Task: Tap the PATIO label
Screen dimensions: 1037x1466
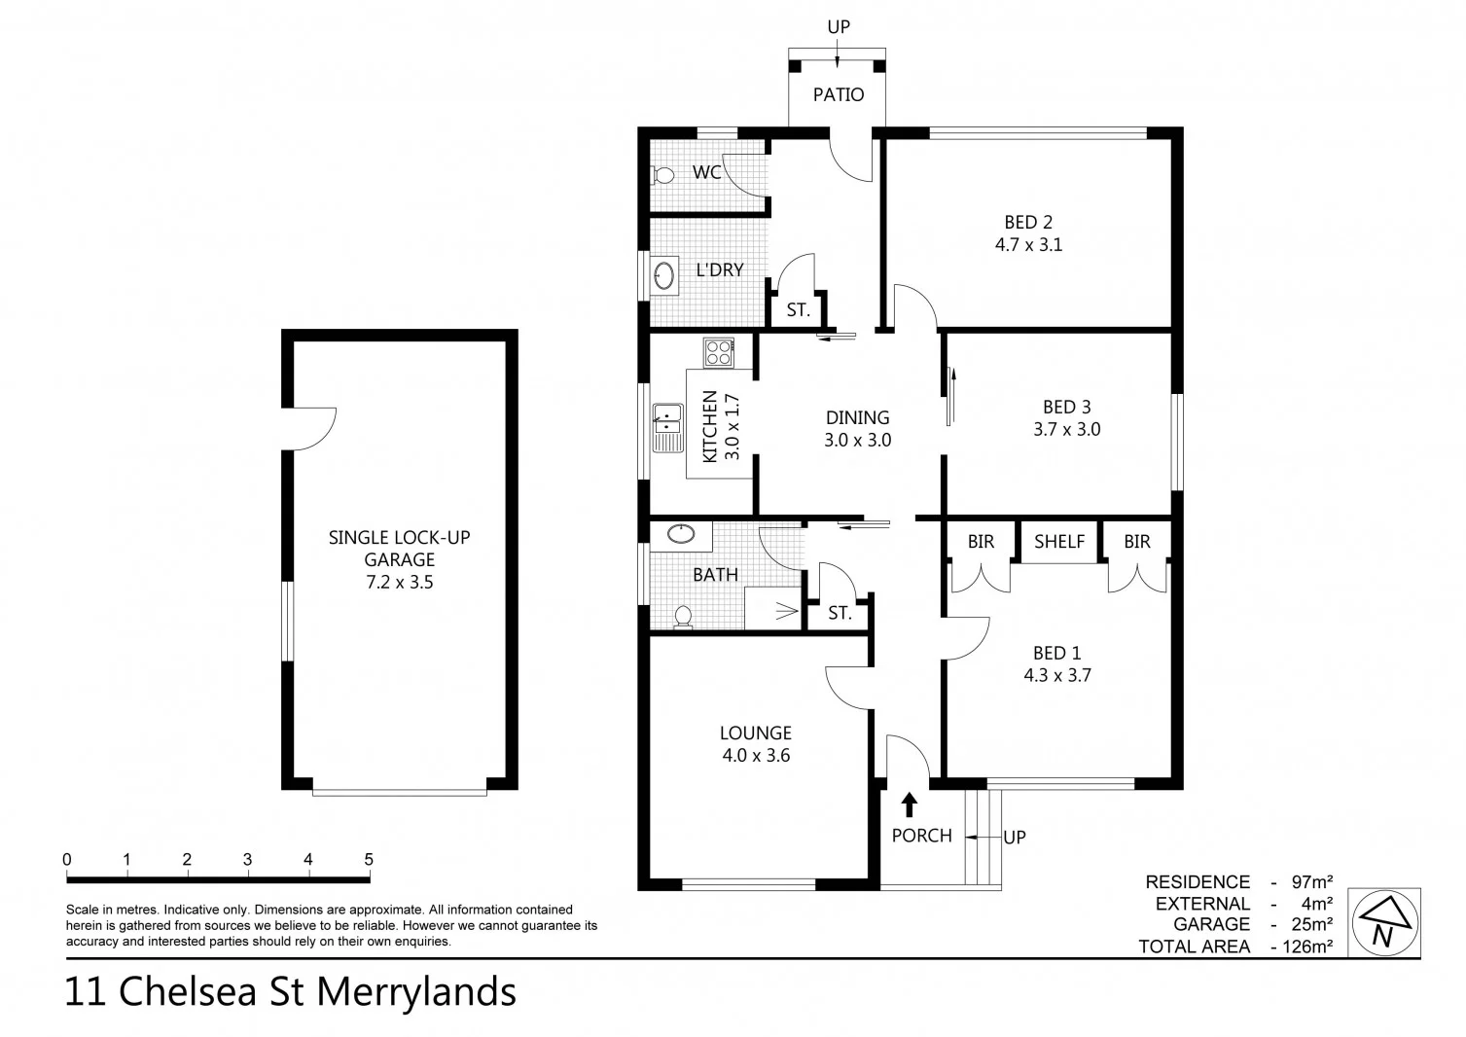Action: pyautogui.click(x=838, y=94)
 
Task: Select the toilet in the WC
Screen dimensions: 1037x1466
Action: pyautogui.click(x=662, y=175)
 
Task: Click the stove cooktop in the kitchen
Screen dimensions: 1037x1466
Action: pyautogui.click(x=719, y=351)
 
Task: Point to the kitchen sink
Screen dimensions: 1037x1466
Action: pyautogui.click(x=667, y=428)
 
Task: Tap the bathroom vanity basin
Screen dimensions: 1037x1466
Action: pyautogui.click(x=680, y=534)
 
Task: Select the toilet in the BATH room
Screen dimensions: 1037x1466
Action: pyautogui.click(x=683, y=616)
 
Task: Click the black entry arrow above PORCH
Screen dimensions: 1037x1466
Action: pyautogui.click(x=909, y=804)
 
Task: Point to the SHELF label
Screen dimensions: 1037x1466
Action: pyautogui.click(x=1058, y=542)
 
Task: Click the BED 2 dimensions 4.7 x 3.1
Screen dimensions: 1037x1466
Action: pyautogui.click(x=1028, y=245)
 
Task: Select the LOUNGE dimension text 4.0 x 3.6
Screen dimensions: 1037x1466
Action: pyautogui.click(x=756, y=755)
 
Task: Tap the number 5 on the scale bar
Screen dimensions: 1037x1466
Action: pyautogui.click(x=369, y=860)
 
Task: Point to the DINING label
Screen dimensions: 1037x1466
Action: pyautogui.click(x=857, y=417)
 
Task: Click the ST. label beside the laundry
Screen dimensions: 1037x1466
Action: pyautogui.click(x=798, y=311)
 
